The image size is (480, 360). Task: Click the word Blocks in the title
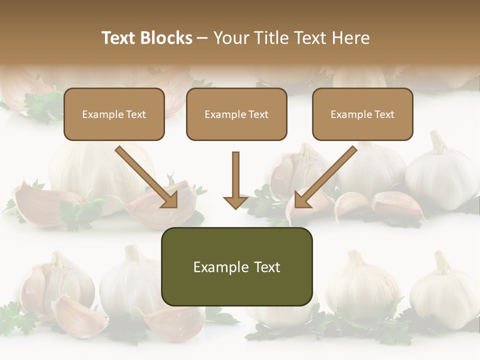[166, 38]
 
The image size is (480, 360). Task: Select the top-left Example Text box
[114, 114]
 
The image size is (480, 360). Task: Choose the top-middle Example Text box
[236, 114]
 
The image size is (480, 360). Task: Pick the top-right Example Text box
[362, 114]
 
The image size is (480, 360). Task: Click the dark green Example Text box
[236, 266]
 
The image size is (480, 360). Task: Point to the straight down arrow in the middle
[235, 177]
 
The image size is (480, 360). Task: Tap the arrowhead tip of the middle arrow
[235, 206]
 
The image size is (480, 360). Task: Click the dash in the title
[202, 38]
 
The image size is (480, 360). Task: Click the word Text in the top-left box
[135, 114]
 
